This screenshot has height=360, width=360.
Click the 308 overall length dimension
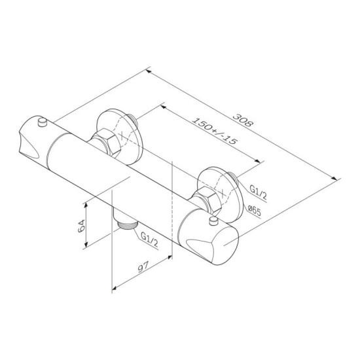coord(243,120)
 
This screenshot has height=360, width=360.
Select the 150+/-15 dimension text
coord(214,131)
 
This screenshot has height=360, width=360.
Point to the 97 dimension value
coord(143,266)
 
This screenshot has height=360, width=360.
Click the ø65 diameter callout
coord(255,211)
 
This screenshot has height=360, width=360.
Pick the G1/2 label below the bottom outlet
coord(149,240)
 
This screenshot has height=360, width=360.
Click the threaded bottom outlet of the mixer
coord(127,224)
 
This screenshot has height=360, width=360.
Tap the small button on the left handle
coord(43,122)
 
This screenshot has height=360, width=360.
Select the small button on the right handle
coord(214,221)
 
